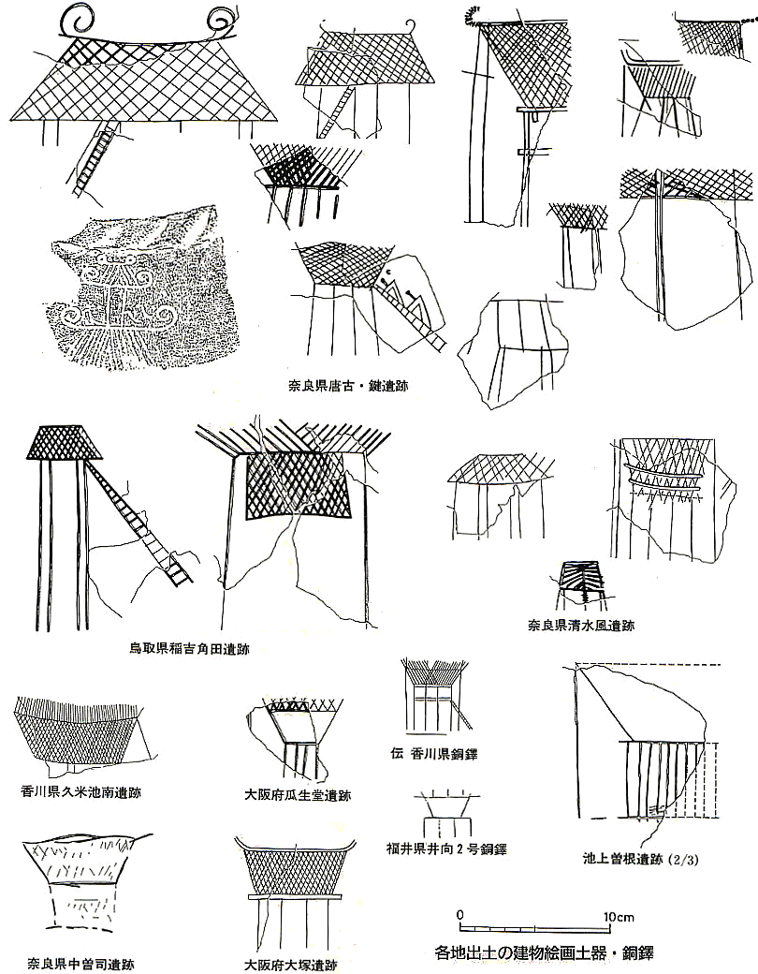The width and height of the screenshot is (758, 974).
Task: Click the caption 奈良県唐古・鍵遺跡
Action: [x=347, y=386]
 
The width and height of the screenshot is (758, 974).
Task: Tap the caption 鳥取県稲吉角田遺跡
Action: [x=189, y=650]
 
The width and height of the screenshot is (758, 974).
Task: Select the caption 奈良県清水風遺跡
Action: [x=581, y=626]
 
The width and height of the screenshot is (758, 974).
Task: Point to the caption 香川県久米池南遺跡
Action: [x=80, y=792]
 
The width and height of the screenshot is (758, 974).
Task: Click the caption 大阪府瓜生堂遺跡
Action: [x=298, y=794]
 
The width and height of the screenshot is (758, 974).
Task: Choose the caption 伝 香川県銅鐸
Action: [x=434, y=754]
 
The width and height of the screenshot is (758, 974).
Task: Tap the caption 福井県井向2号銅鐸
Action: [x=446, y=849]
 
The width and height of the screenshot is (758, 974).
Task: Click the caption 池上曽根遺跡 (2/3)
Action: [x=641, y=860]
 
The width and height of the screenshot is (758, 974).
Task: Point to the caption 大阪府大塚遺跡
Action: [x=290, y=966]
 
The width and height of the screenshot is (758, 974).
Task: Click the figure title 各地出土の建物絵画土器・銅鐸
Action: [x=545, y=952]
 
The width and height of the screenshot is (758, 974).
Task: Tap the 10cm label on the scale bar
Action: [x=619, y=917]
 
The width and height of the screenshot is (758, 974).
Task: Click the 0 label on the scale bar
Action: [x=460, y=915]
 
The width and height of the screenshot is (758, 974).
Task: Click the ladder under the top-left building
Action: [x=95, y=159]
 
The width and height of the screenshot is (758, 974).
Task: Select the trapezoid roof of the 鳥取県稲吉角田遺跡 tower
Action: [x=65, y=442]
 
